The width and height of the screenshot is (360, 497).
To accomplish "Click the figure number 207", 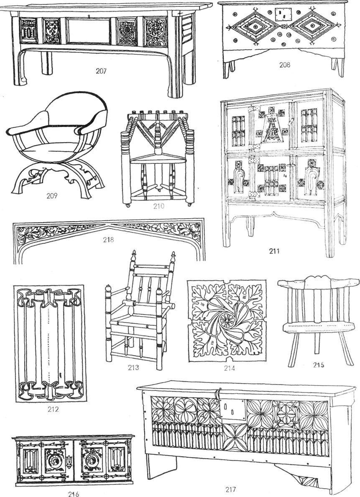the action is tap(101, 71).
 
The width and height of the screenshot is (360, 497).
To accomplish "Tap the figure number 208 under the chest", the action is tap(284, 65).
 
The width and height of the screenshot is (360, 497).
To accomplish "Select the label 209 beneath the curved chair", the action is tap(52, 196).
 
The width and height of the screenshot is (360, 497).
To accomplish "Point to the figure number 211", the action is tap(274, 251).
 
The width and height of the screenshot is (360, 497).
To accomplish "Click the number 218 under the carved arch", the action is tap(108, 240).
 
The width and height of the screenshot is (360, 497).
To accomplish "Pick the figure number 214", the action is tap(229, 368).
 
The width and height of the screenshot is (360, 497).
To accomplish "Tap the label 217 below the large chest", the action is tap(230, 489).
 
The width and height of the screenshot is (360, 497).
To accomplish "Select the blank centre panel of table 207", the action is tap(88, 31).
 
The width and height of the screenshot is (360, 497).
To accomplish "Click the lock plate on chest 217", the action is tap(233, 410).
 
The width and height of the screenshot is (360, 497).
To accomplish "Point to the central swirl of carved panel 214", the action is tap(227, 321).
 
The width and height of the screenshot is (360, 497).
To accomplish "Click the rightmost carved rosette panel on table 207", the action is tap(155, 32).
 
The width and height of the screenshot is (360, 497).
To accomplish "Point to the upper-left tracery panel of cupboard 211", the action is tap(238, 130).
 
